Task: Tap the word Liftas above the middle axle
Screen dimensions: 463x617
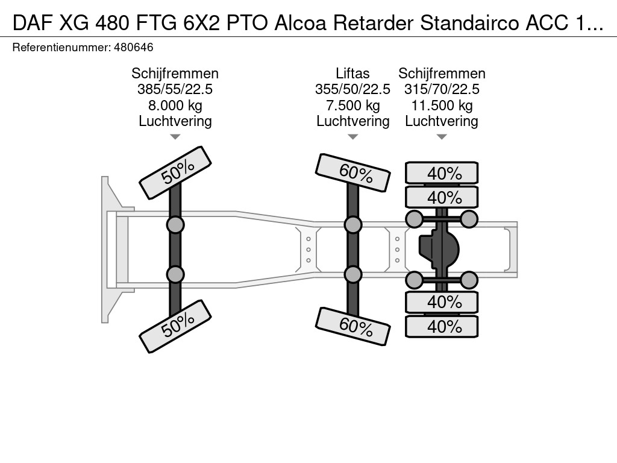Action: [352, 74]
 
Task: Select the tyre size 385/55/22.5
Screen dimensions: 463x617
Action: [175, 89]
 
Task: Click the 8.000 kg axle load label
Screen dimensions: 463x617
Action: [175, 106]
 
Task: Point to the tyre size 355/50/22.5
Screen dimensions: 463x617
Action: [352, 89]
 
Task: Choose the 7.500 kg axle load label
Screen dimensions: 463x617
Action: [352, 106]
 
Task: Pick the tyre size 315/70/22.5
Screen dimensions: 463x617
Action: [442, 89]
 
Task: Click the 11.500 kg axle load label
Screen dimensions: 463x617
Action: [442, 106]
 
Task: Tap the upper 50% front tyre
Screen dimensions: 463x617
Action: [175, 173]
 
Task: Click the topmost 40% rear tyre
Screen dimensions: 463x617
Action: [442, 173]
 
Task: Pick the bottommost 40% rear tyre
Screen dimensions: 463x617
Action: [442, 327]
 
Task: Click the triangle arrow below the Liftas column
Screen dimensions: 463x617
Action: [353, 137]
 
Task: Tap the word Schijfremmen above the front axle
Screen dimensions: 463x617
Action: [175, 74]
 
